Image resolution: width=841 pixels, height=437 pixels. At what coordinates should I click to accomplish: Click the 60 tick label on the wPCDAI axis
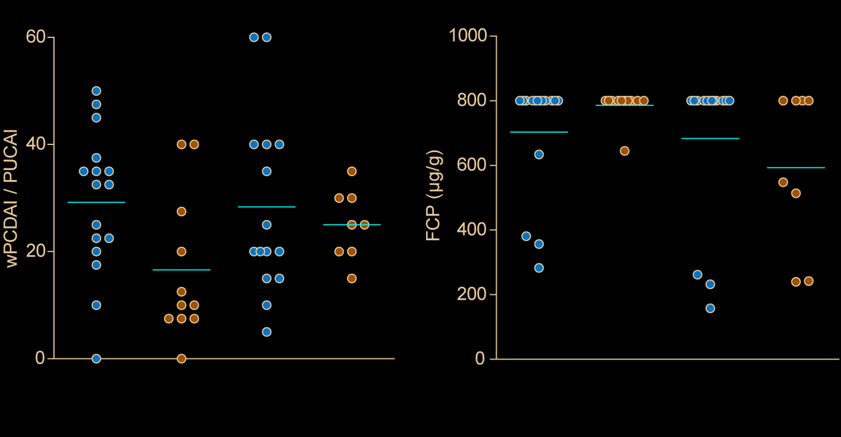(x=36, y=37)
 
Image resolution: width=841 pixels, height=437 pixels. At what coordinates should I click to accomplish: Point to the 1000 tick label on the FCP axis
(x=468, y=36)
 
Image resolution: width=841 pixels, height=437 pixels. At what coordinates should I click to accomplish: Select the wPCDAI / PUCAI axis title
(x=11, y=198)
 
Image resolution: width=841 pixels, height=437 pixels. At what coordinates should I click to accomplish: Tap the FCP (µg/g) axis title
(x=433, y=195)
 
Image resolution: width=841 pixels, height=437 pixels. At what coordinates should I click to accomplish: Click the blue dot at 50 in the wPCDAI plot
(x=96, y=91)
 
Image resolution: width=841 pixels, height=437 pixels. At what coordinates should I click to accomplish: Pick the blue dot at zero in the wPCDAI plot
(x=96, y=359)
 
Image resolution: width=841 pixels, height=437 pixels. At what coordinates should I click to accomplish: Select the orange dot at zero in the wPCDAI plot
(x=181, y=359)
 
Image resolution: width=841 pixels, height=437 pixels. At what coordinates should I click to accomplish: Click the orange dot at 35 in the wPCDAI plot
(x=352, y=171)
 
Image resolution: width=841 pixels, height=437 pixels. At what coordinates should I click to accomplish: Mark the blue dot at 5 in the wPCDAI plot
(x=267, y=332)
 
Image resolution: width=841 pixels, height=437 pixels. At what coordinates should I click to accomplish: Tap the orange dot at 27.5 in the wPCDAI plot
(x=181, y=211)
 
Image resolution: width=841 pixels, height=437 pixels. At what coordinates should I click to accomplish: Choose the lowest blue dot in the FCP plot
(x=710, y=309)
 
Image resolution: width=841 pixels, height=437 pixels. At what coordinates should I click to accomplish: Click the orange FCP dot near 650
(x=624, y=151)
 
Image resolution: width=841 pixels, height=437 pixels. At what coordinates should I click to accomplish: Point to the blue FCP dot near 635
(x=539, y=155)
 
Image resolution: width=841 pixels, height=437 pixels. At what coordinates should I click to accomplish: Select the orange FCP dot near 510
(x=796, y=193)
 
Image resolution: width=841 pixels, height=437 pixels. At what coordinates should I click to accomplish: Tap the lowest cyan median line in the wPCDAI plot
(x=181, y=270)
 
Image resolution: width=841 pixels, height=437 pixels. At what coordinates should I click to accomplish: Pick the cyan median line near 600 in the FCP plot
(x=796, y=168)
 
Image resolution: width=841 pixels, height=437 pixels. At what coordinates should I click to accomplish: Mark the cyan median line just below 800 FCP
(x=624, y=105)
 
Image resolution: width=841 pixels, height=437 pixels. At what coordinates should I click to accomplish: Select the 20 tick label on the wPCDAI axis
(x=36, y=251)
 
